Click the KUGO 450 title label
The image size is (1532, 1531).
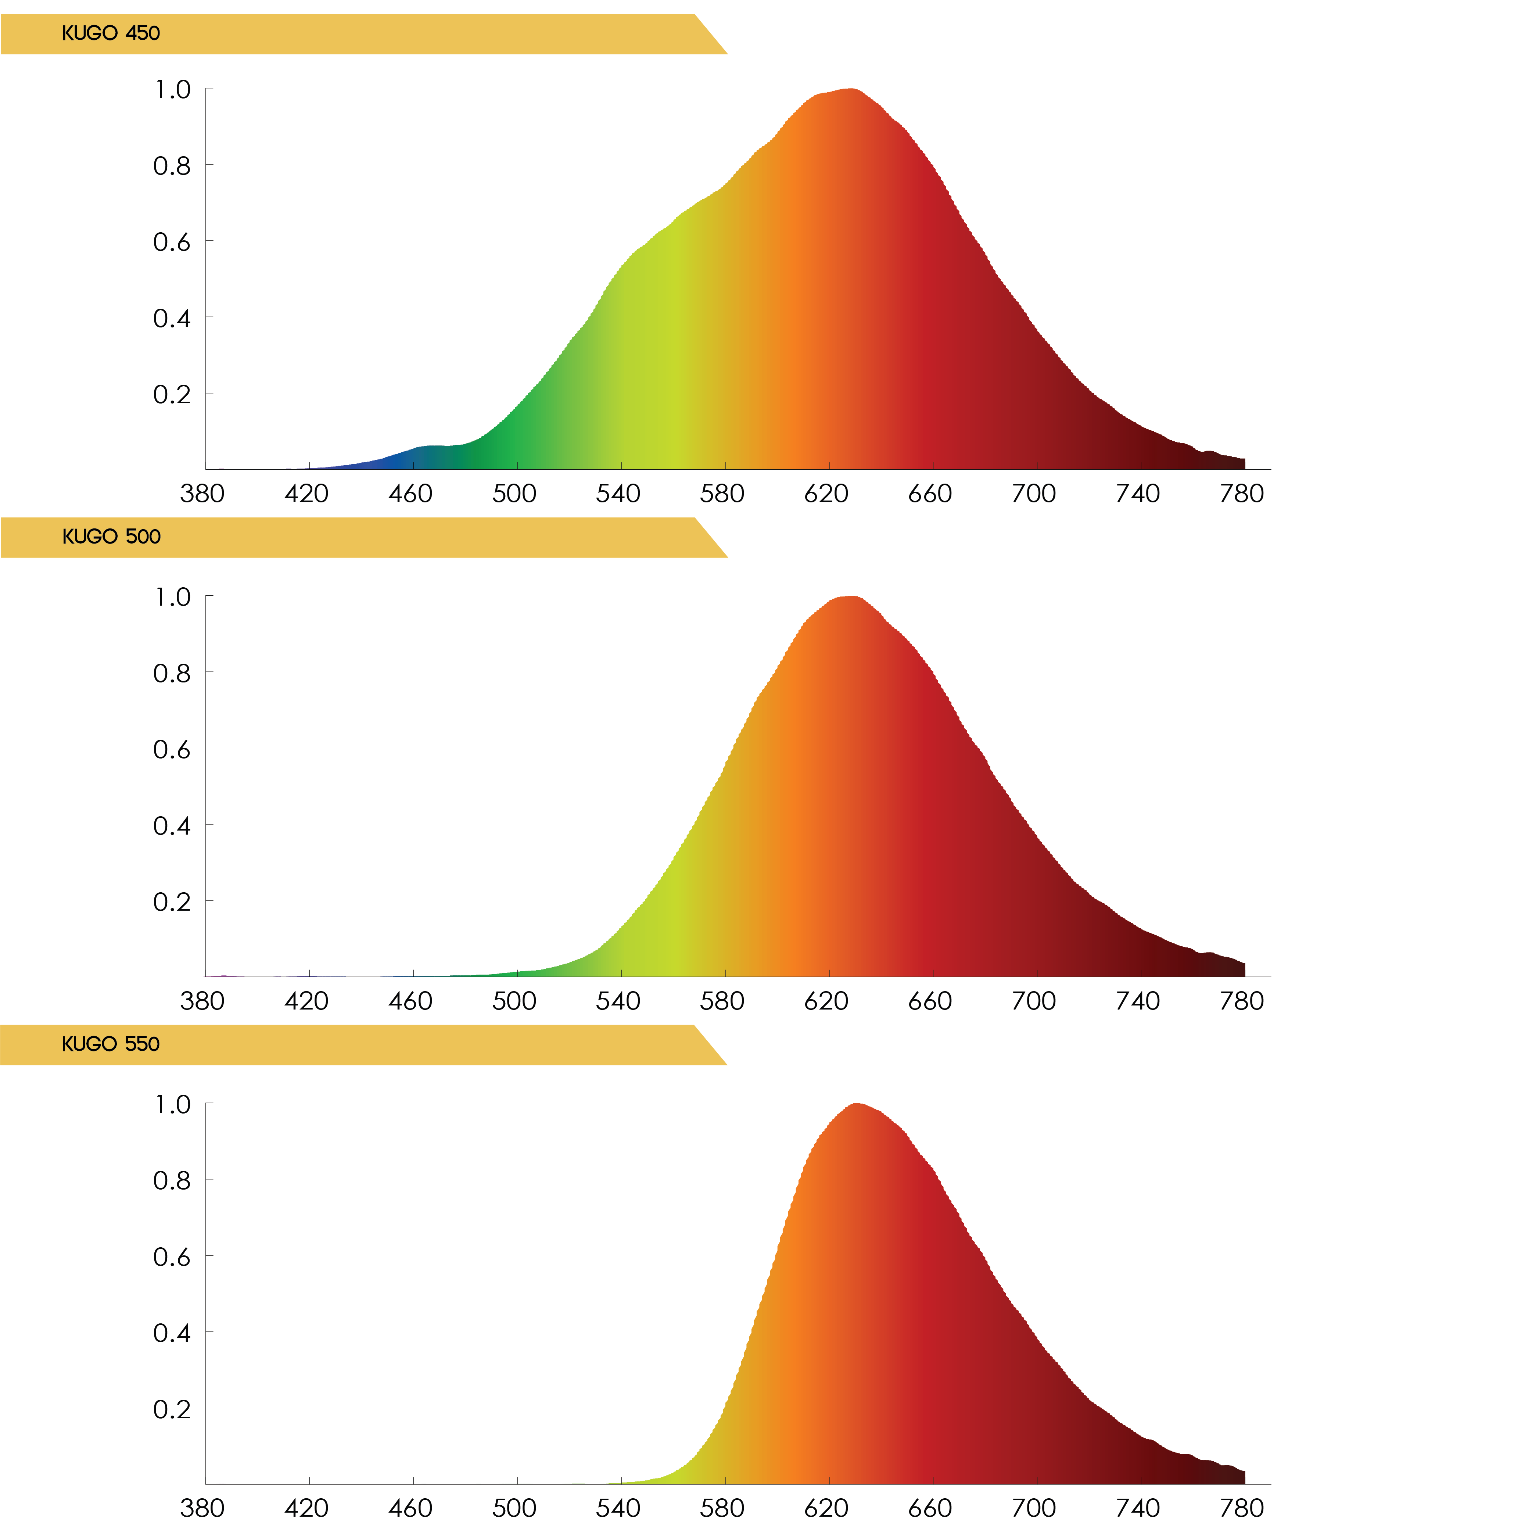[111, 33]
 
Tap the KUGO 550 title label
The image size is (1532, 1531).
[111, 1044]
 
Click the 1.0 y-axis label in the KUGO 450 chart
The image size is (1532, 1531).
[172, 90]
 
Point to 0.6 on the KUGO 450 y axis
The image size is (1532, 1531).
[172, 242]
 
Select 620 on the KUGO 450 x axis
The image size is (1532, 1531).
[826, 494]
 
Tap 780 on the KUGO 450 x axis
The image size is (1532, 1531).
[1242, 494]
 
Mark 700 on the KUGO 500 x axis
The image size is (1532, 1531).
[1034, 1001]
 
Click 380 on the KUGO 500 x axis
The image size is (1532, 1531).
[202, 1001]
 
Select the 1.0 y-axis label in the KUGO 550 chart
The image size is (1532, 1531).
[172, 1104]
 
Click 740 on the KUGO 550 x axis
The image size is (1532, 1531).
[1138, 1508]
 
